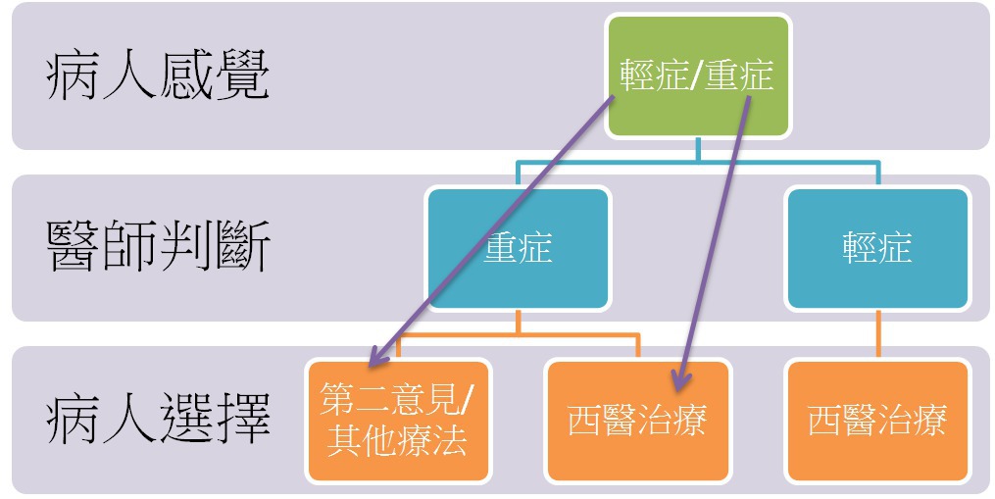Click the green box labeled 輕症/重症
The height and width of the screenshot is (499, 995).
[697, 75]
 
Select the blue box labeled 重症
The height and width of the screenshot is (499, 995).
[518, 247]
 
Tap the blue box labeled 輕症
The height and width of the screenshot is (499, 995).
[876, 247]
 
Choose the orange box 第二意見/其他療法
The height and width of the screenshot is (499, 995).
[397, 420]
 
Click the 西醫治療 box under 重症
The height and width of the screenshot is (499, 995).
[637, 420]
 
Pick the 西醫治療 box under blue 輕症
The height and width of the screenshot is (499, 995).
[876, 420]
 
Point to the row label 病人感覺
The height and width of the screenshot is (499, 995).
[157, 77]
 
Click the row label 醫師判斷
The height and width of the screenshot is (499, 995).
[157, 248]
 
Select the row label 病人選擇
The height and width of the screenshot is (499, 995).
[157, 420]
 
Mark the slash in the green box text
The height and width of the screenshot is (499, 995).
[697, 76]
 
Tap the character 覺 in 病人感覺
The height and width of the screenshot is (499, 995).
[241, 77]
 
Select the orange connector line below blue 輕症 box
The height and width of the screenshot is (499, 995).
[876, 336]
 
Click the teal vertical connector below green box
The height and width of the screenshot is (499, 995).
[697, 149]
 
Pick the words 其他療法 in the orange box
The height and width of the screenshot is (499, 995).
[397, 440]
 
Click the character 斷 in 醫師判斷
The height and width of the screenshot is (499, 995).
[241, 248]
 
